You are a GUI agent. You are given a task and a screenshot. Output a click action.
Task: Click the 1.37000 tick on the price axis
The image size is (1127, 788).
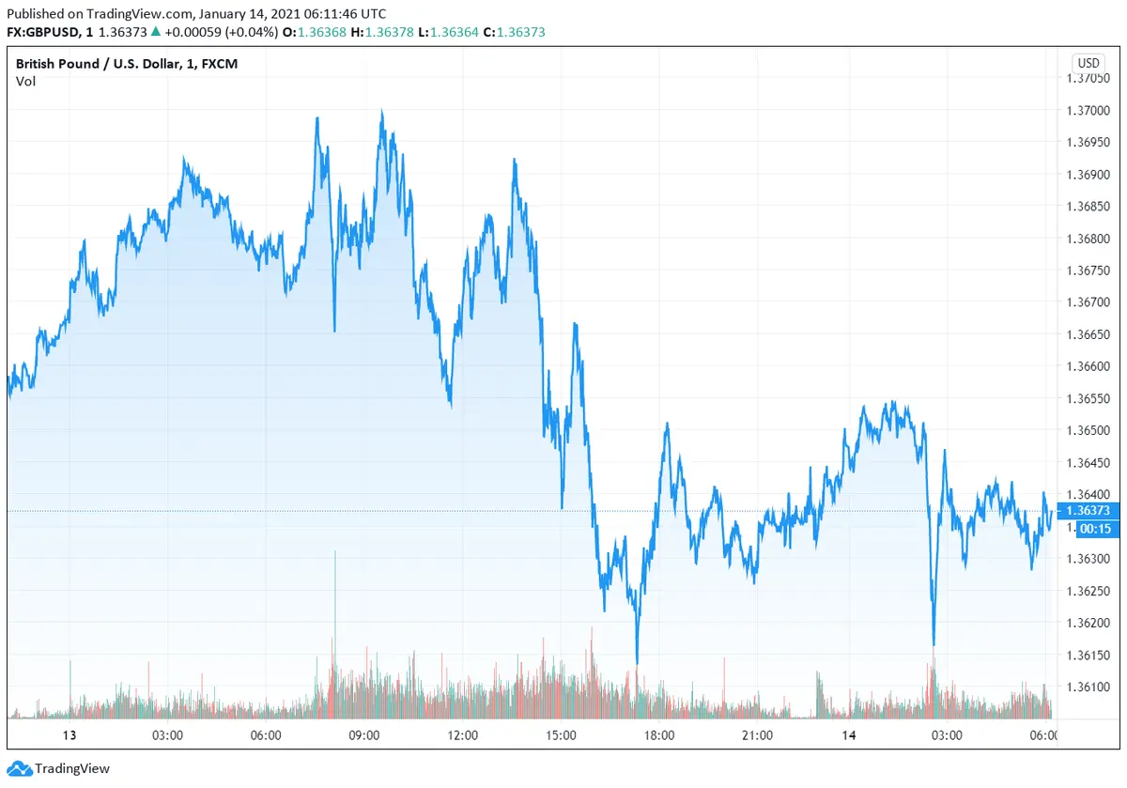[x=1092, y=111]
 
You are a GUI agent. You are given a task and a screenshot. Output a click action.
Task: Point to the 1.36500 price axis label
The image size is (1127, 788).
[x=1092, y=430]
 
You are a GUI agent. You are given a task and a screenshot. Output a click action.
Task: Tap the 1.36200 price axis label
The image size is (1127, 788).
[x=1092, y=623]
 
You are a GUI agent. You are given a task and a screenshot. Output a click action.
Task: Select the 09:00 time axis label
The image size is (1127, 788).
[x=363, y=734]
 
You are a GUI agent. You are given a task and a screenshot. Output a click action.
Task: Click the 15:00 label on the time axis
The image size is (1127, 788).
[x=561, y=734]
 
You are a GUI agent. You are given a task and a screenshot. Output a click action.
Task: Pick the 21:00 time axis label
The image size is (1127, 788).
[x=757, y=734]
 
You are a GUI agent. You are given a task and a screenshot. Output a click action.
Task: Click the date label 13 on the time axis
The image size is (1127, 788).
[x=69, y=734]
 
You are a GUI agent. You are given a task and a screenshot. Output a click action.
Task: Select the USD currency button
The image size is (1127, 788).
[x=1088, y=63]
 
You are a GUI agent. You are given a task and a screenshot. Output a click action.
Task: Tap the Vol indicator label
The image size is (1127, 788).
[x=25, y=81]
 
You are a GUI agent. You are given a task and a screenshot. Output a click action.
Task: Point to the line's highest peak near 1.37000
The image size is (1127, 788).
[x=381, y=112]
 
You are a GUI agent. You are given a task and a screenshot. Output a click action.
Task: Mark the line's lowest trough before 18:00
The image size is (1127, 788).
[x=637, y=663]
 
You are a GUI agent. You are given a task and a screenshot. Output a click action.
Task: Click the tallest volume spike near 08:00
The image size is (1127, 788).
[x=334, y=554]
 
